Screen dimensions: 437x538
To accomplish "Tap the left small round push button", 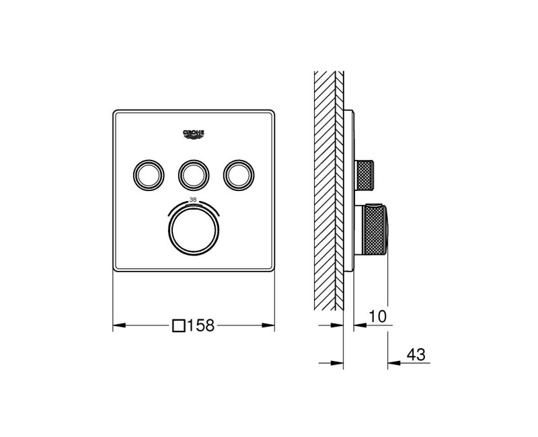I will tap(147, 174).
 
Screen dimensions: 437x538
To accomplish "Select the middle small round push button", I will tap(194, 174).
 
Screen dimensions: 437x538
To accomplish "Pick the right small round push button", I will tap(239, 174).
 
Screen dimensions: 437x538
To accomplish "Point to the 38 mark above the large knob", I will tap(194, 200).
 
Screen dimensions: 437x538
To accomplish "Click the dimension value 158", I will tap(200, 326).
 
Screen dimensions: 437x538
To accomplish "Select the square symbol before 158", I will tap(179, 326).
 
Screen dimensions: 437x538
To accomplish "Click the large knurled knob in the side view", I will tap(373, 231).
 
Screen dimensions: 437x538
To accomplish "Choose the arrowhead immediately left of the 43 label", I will tap(393, 364).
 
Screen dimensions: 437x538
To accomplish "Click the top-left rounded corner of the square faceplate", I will tap(116, 112).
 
